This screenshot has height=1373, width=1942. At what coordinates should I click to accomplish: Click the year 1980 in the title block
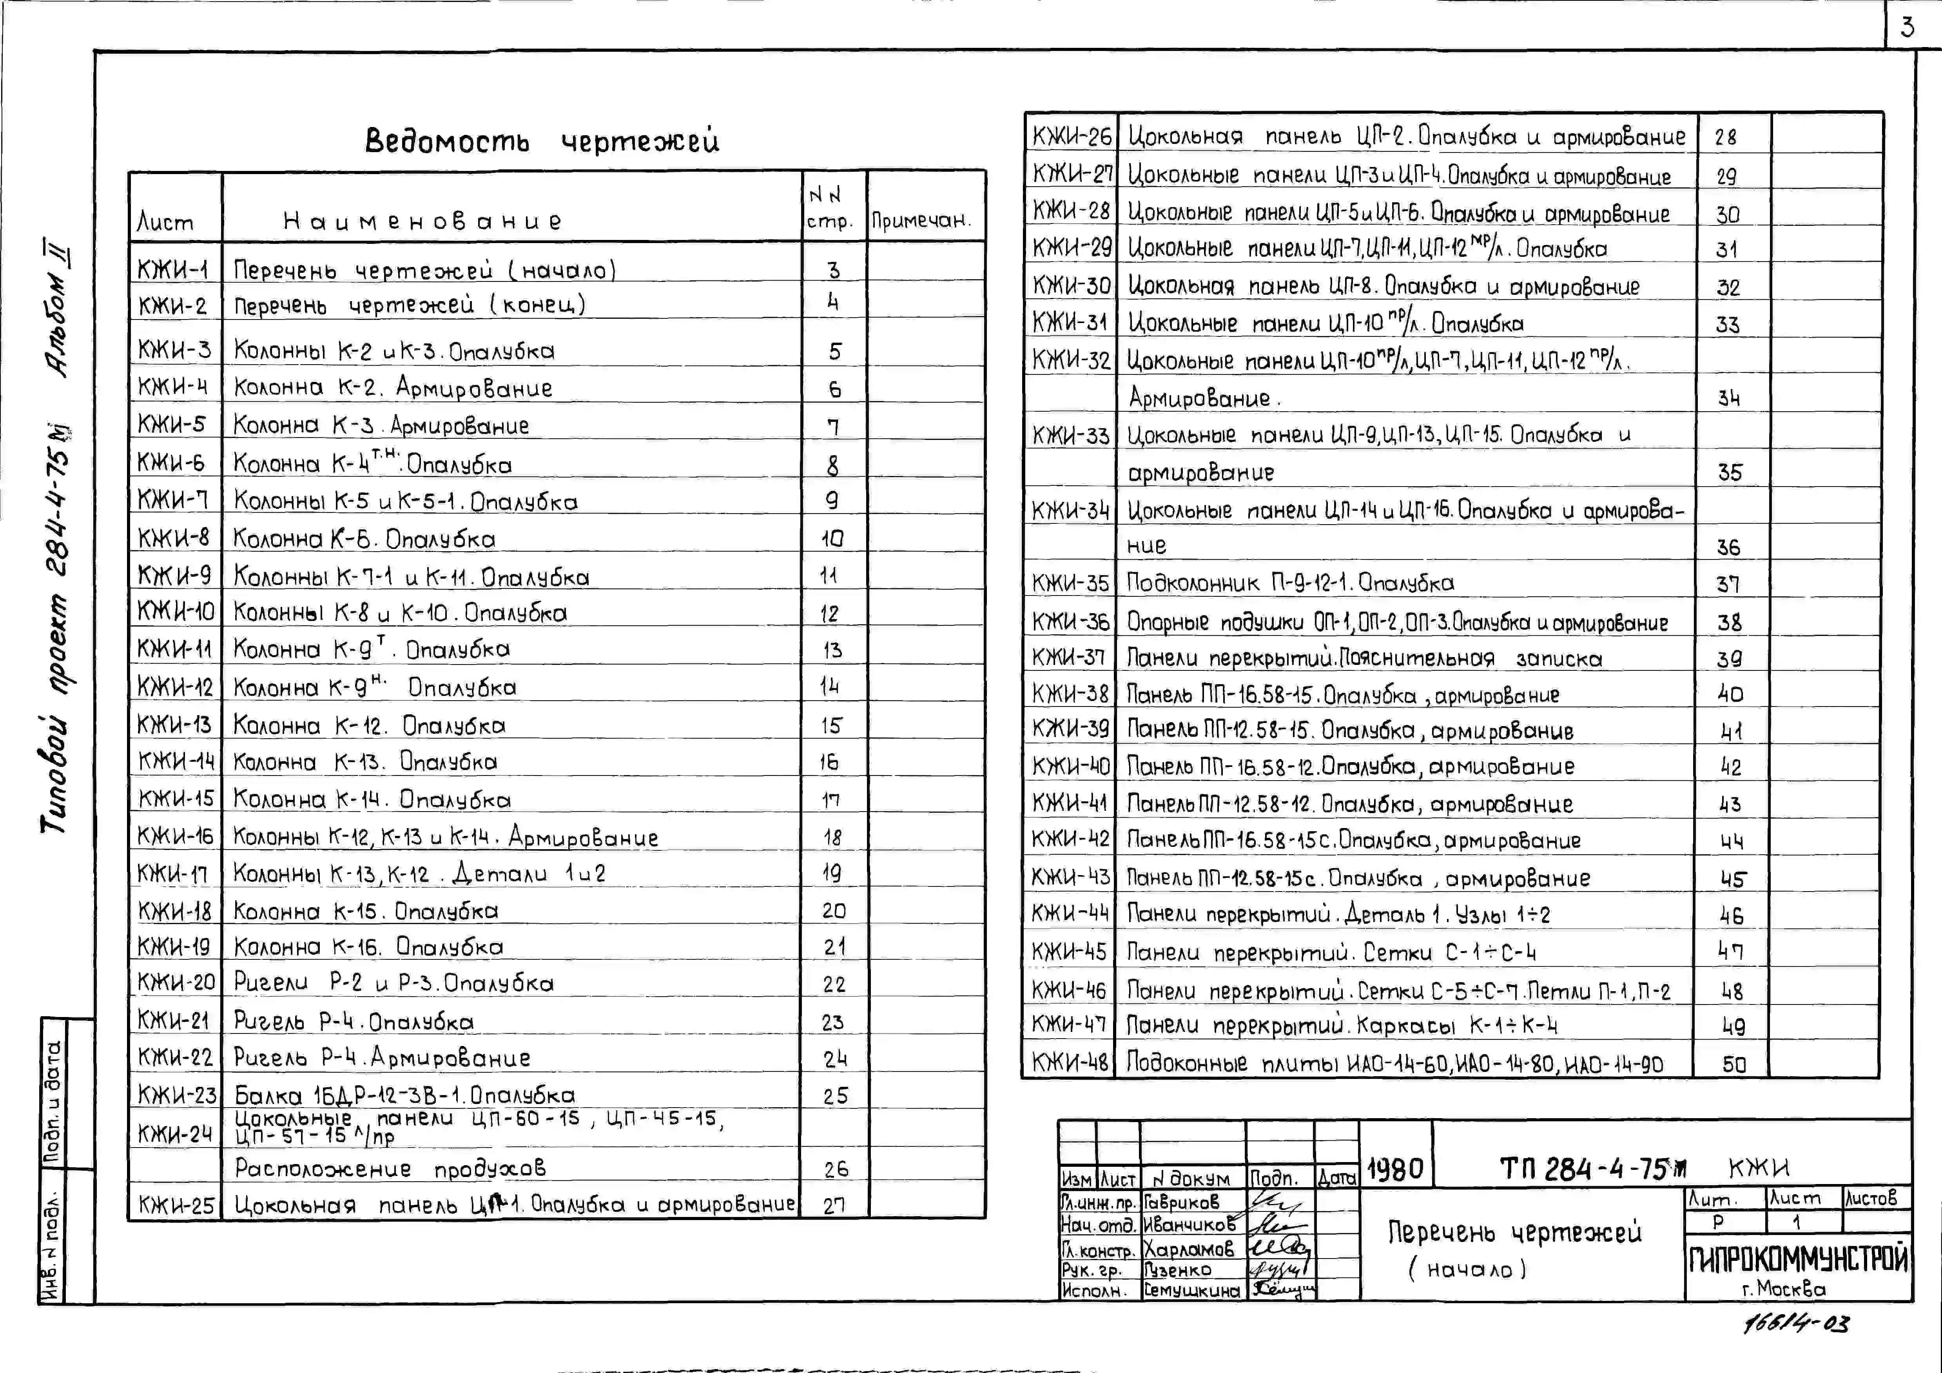tap(1395, 1170)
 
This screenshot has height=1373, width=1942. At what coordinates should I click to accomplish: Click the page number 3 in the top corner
tap(1906, 28)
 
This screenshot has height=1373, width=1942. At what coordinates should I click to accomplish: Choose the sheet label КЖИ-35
tap(1070, 583)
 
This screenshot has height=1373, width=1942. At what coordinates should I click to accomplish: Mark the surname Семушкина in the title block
tap(1192, 1290)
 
